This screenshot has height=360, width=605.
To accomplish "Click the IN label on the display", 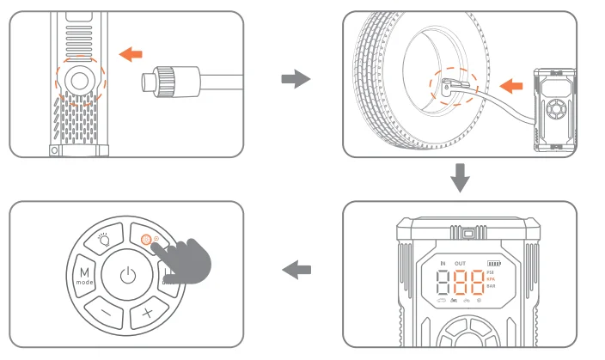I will pos(443,263).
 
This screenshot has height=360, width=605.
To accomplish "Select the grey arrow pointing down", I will pos(461,179).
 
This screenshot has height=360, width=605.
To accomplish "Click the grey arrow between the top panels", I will pos(295,80).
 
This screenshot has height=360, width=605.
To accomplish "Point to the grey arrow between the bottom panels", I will pos(296,270).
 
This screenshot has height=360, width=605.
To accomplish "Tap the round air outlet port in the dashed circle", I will pos(79,82).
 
